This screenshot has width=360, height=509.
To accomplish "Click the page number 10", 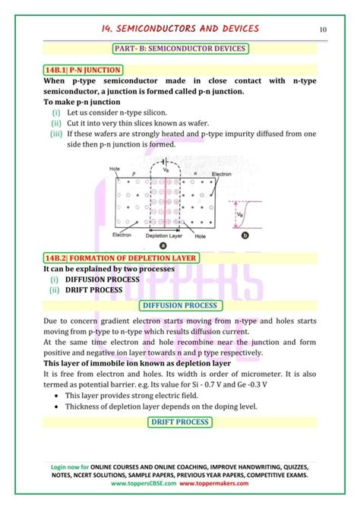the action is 324,30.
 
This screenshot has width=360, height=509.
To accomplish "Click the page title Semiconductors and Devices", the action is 179,29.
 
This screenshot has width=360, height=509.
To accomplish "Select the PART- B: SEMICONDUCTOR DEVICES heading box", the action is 180,49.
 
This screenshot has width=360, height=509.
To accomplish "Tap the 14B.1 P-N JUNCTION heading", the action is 78,70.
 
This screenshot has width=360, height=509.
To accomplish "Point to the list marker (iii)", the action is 56,134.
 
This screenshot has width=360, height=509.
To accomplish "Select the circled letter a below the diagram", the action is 163,245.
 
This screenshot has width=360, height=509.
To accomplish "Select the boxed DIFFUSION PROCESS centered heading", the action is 180,305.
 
